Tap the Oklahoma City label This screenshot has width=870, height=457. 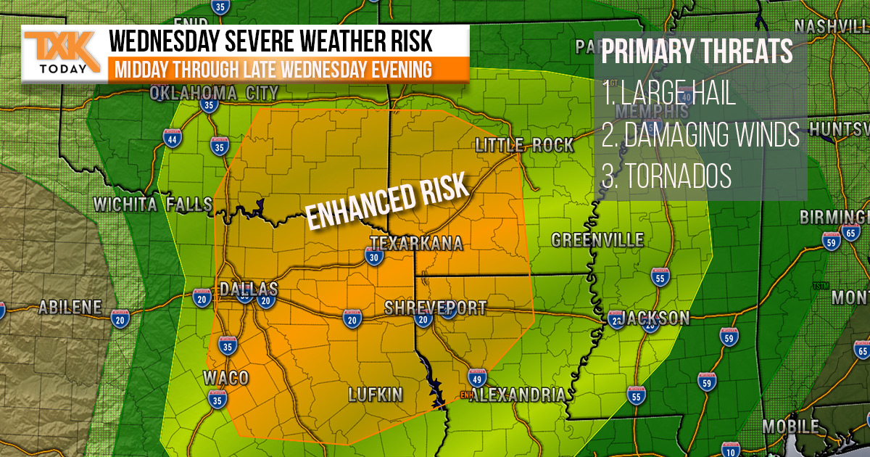pos(214,93)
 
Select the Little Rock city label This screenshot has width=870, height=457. pos(524,144)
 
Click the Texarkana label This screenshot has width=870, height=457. pos(416,243)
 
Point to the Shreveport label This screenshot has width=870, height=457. pos(435,308)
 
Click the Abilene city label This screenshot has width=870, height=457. pos(70,307)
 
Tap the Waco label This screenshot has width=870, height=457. pos(225,378)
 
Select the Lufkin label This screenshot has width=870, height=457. pos(375,395)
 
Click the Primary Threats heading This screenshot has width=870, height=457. pos(697,53)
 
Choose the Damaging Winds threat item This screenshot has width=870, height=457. pos(700,135)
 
